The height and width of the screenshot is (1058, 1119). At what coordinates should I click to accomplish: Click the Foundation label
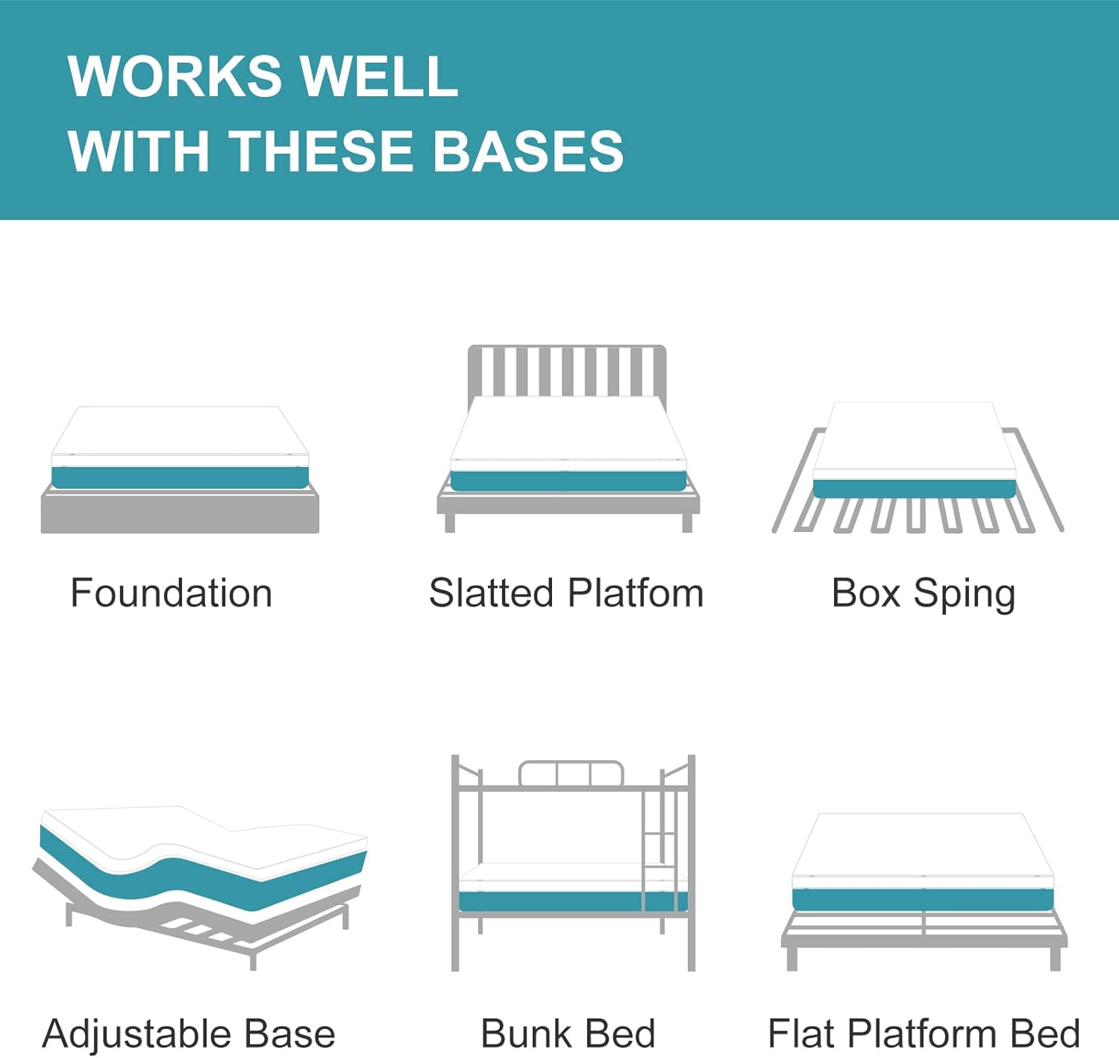coord(172,594)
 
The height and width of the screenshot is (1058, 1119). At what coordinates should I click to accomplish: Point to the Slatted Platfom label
coord(566,594)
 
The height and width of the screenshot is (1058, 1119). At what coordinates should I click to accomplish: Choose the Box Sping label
coord(924,594)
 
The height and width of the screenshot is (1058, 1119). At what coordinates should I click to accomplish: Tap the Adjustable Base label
coord(189,1034)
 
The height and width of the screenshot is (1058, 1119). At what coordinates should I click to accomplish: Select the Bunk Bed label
coord(568,1034)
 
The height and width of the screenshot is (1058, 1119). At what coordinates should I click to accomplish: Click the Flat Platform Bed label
coord(924,1034)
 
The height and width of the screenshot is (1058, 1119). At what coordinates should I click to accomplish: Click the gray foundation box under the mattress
coord(180,513)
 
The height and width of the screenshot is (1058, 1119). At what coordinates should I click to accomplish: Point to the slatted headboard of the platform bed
coord(566,369)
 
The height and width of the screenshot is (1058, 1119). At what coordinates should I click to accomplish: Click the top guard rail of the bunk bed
coord(571,774)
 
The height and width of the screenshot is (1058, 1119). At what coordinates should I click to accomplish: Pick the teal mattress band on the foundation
coord(180,477)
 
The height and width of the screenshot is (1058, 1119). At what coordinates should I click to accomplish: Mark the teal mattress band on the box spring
coord(914,489)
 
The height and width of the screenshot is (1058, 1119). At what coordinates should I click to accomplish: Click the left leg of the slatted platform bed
coord(450,522)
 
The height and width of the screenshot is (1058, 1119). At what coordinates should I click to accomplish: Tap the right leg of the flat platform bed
coord(1055,958)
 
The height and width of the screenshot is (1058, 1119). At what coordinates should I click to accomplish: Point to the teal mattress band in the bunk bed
coord(552,901)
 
